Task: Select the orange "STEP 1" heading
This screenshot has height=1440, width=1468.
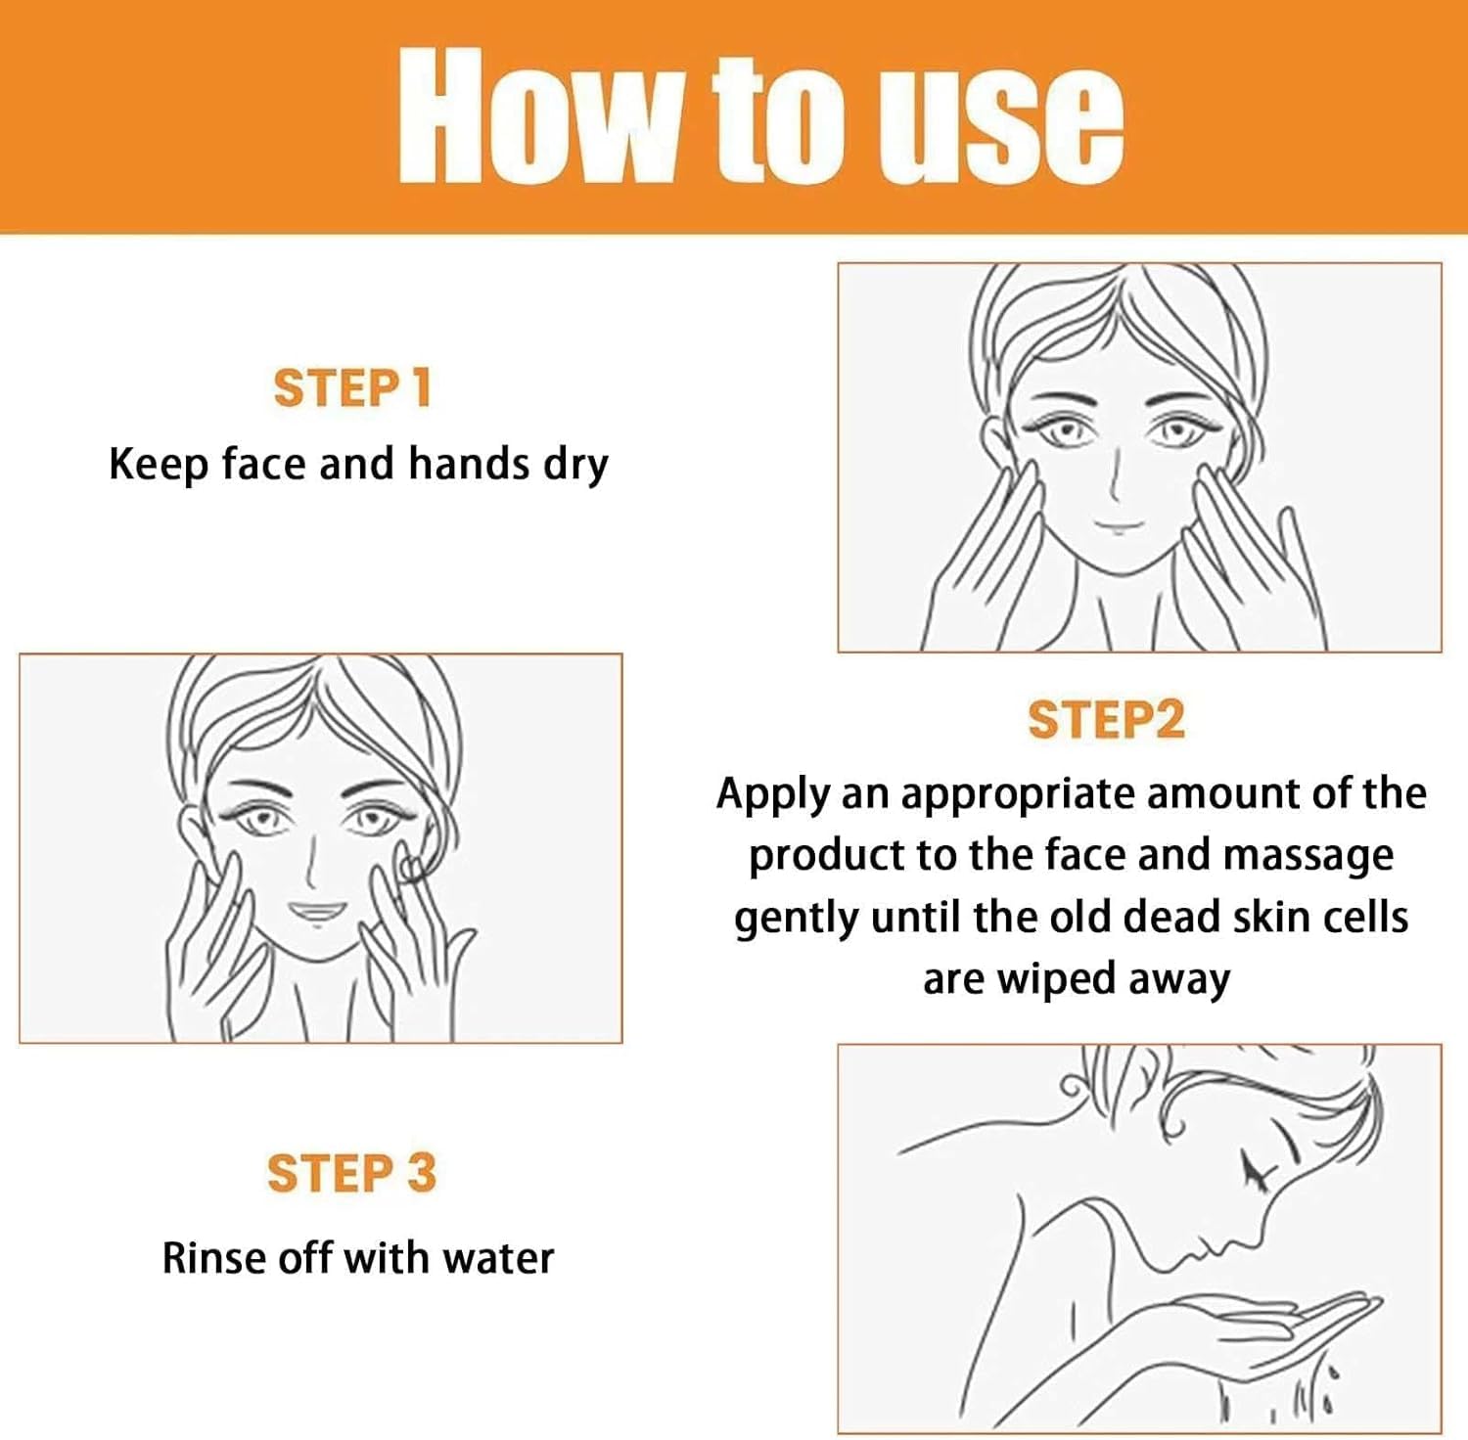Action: [x=351, y=388]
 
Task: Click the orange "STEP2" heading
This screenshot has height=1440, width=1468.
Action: [x=1106, y=720]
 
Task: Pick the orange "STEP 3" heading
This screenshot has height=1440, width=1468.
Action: [x=351, y=1173]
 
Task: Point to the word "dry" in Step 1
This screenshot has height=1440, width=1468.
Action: [x=576, y=466]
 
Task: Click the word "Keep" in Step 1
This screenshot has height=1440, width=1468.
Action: [x=157, y=466]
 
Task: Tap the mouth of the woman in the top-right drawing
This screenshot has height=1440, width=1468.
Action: [x=1120, y=527]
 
